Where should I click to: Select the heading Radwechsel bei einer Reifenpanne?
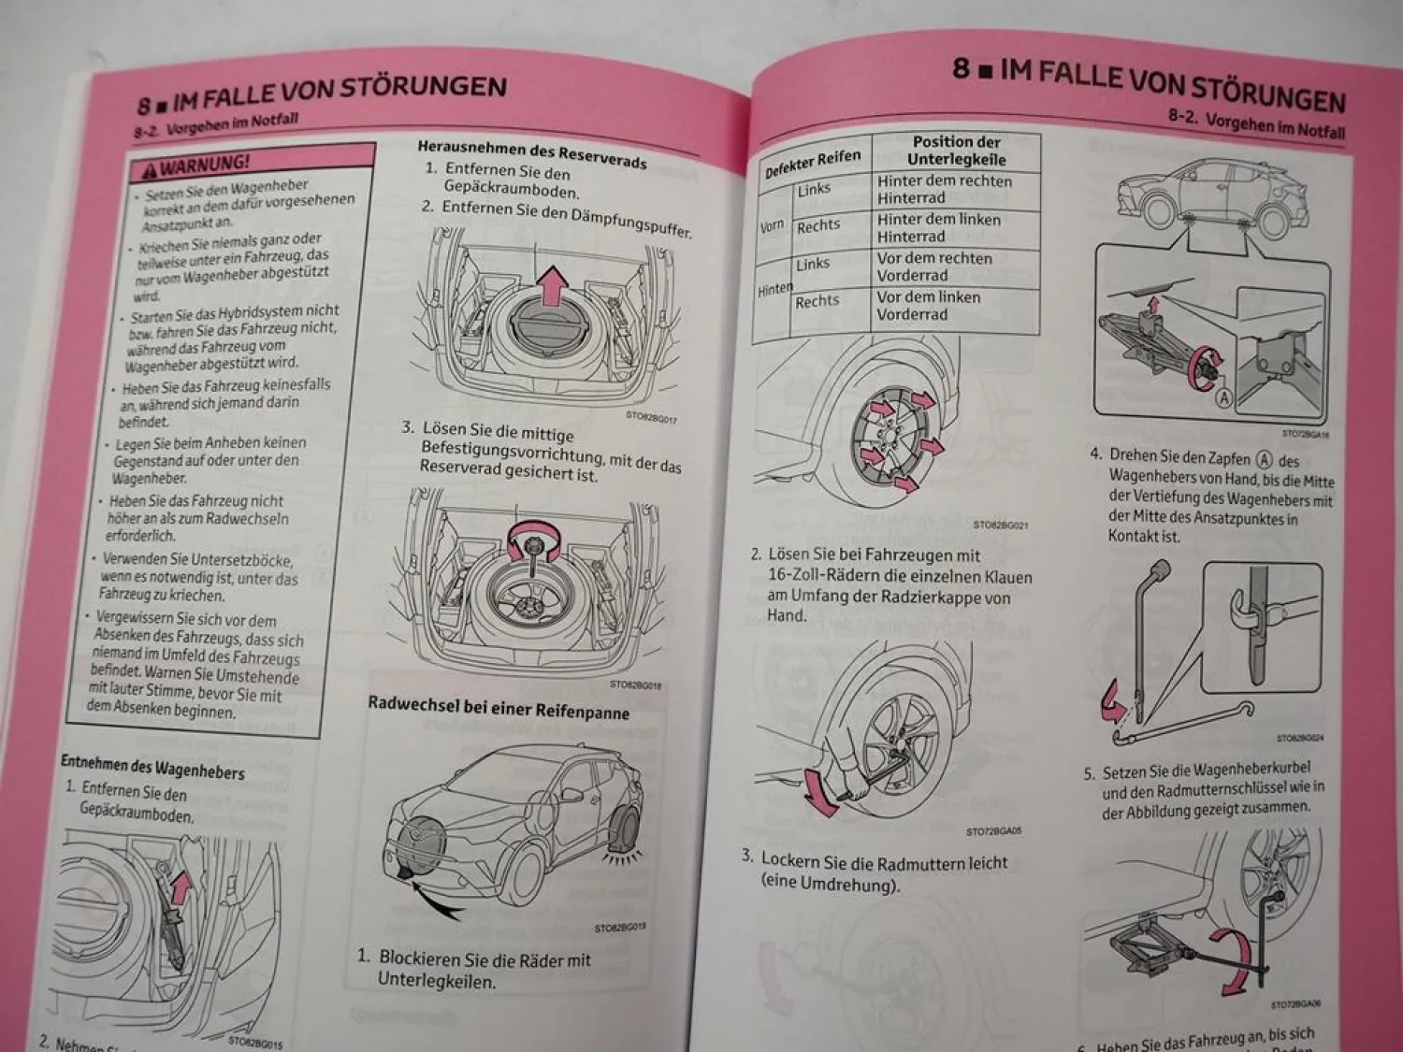(x=499, y=708)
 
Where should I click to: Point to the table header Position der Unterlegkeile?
(x=956, y=151)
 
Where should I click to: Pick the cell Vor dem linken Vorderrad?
(x=928, y=306)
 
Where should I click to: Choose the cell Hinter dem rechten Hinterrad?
(x=944, y=190)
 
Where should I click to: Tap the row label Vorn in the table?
(x=772, y=226)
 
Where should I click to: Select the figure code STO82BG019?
(x=619, y=928)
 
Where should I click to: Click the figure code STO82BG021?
(x=1000, y=526)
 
